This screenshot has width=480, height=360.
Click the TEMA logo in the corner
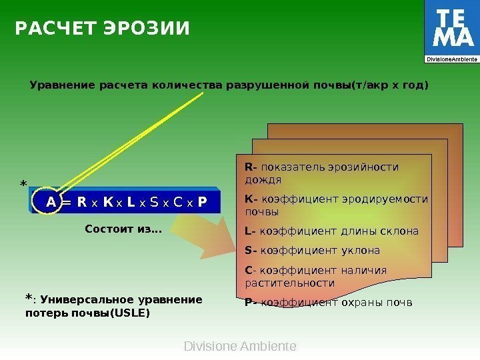click(451, 31)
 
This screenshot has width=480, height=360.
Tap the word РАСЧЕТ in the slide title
click(56, 29)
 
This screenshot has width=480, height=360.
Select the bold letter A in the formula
click(50, 202)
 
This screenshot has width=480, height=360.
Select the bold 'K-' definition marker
click(251, 199)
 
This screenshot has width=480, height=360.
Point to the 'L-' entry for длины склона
click(250, 231)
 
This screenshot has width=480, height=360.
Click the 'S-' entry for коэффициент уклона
click(251, 251)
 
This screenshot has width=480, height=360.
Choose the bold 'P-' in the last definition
click(251, 303)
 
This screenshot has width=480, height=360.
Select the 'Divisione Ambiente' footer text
click(239, 347)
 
